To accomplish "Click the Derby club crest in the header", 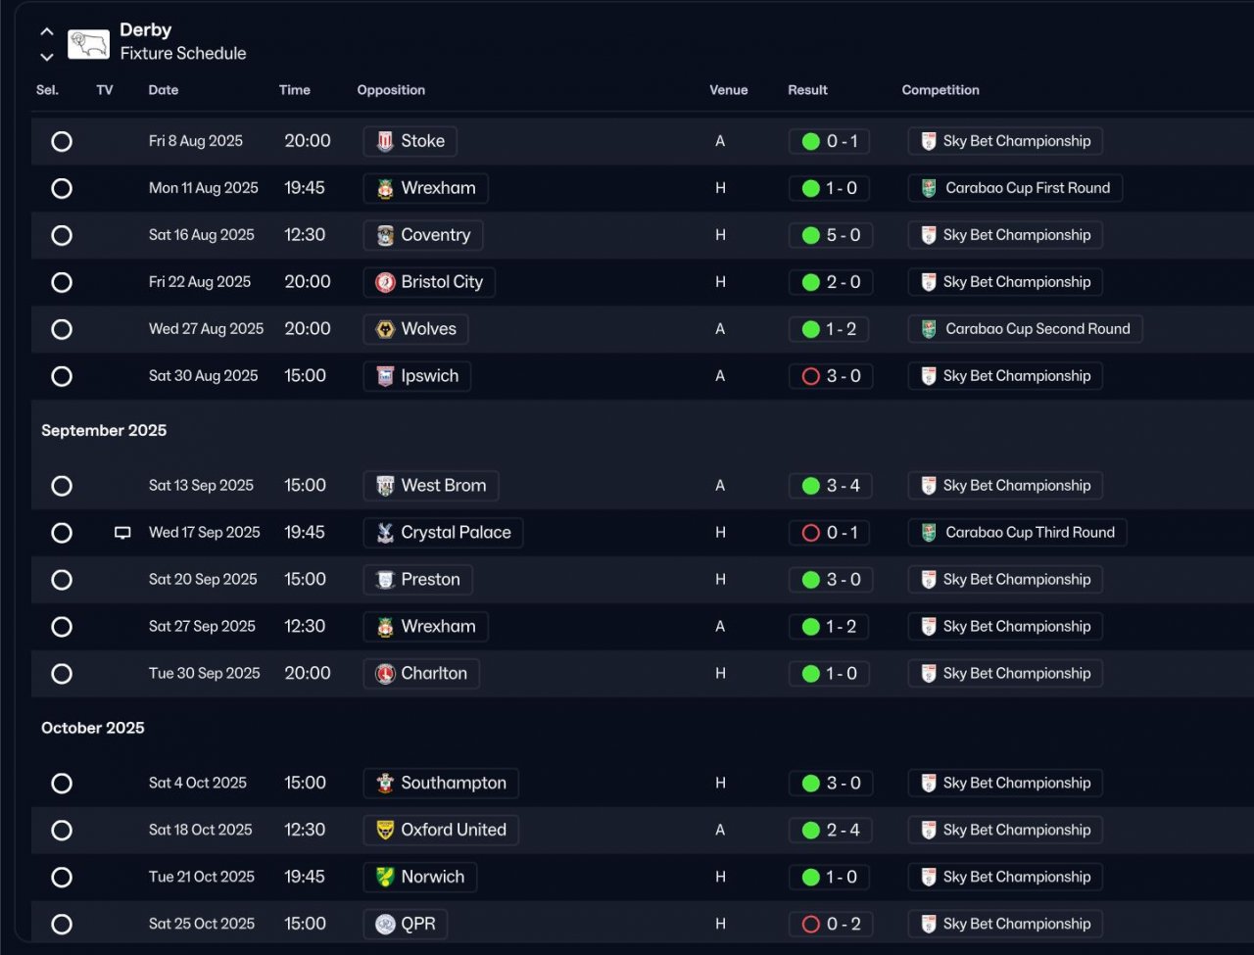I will (88, 43).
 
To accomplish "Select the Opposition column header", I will (391, 90).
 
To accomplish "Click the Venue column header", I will (728, 90).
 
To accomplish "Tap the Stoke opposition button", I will (410, 141).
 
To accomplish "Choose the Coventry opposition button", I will (422, 235).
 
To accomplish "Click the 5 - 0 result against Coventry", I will (829, 235).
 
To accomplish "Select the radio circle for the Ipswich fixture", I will (62, 376).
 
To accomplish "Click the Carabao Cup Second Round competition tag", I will (1025, 329).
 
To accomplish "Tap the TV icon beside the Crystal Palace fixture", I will (122, 533).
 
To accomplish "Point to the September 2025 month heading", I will (104, 431).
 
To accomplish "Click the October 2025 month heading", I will (93, 728).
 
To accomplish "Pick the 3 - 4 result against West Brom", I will (829, 486).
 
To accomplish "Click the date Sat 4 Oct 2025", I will (198, 784).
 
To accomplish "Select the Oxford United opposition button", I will (441, 831).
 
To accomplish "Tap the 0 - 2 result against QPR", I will (829, 924).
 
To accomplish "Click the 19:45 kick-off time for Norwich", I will (305, 877).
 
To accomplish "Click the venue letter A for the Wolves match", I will (720, 329).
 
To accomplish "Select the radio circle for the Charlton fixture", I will (62, 674).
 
